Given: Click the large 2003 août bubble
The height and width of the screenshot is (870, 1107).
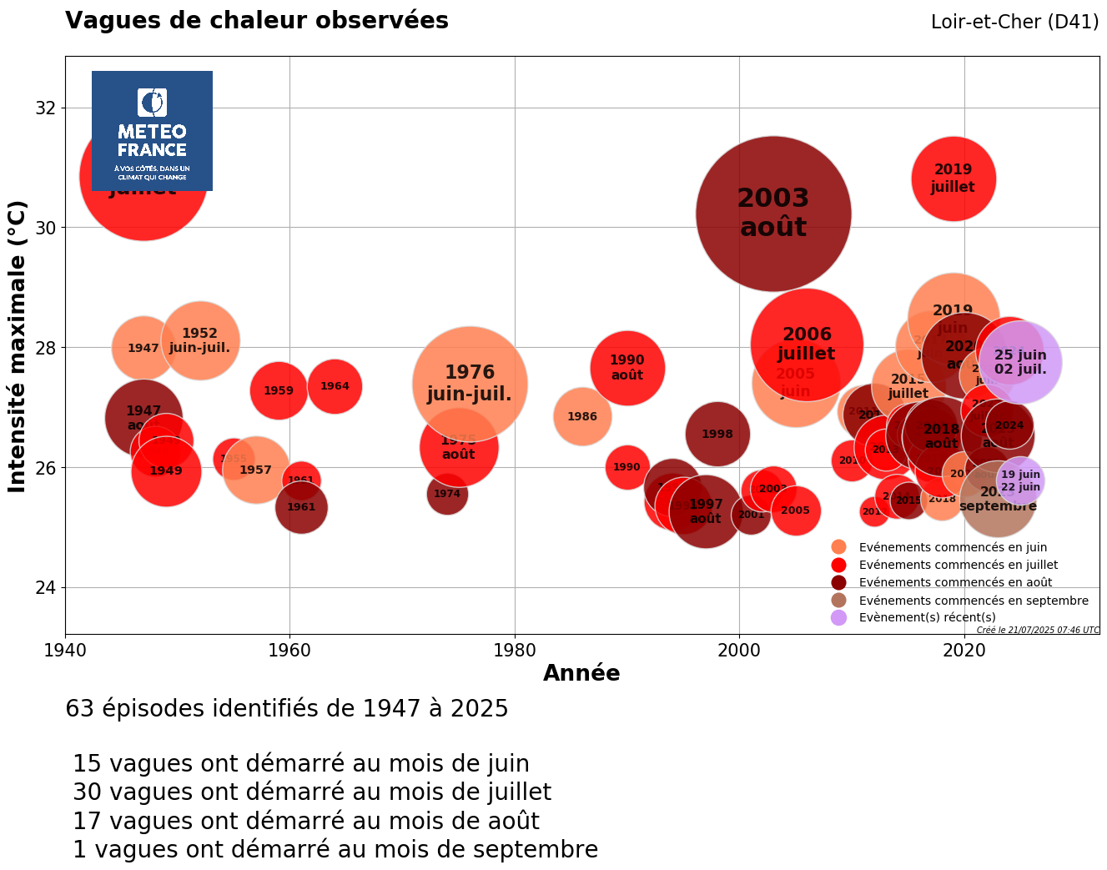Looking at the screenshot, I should click(772, 214).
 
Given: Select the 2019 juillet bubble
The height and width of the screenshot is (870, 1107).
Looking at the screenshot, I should click(953, 179).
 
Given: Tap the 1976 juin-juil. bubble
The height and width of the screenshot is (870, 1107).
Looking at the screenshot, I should click(470, 383).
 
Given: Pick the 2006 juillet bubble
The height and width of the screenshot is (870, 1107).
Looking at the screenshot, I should click(806, 344).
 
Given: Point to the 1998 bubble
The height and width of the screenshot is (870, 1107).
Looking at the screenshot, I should click(717, 434).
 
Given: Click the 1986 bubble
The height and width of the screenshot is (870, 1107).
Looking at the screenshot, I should click(582, 416).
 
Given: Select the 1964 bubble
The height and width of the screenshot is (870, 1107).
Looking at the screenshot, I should click(335, 386).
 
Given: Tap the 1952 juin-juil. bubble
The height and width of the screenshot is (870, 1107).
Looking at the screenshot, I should click(199, 340).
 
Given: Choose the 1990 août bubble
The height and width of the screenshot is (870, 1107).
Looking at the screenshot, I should click(626, 367).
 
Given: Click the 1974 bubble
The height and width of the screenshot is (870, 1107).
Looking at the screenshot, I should click(447, 494).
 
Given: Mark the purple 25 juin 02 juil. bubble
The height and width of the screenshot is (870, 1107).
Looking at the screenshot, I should click(1020, 362).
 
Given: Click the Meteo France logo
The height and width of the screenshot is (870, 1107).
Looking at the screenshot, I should click(152, 131).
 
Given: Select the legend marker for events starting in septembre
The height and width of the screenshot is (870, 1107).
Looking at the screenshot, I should click(839, 601).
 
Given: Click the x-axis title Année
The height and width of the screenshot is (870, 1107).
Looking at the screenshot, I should click(581, 673).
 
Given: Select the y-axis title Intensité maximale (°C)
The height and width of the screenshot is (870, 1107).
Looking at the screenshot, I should click(18, 345).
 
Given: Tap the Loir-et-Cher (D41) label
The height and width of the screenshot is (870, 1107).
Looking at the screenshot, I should click(1014, 23).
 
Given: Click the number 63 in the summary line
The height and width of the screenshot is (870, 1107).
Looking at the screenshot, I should click(79, 709).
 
